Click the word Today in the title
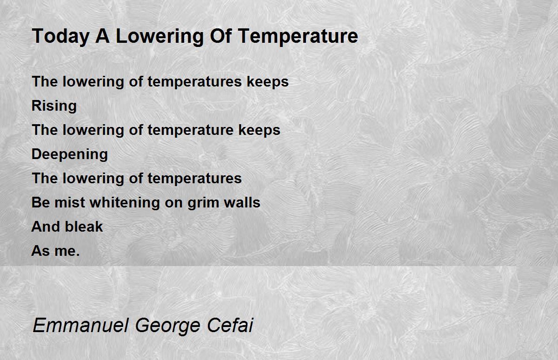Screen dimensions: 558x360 click(61, 36)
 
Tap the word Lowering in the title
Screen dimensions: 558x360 click(159, 36)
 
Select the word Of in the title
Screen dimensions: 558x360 click(221, 36)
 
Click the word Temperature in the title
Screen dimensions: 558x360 click(298, 36)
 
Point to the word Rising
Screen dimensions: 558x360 click(54, 106)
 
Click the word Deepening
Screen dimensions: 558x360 click(70, 154)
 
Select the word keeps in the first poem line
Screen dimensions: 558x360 click(267, 82)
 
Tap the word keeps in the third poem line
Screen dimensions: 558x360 click(259, 130)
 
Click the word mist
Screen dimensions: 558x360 click(70, 202)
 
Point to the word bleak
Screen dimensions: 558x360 click(84, 227)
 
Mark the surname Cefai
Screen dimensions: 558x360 click(230, 325)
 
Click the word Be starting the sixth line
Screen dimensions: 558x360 click(40, 202)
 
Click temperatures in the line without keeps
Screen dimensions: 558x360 click(194, 179)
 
